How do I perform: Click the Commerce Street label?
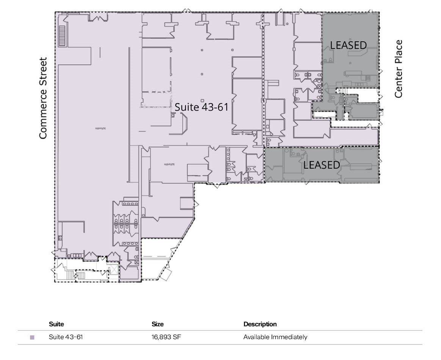coord(43,98)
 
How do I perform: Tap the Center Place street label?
coord(398,69)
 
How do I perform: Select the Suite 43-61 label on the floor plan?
coord(201,107)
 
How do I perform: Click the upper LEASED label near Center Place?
coord(348,45)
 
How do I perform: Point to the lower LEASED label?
coord(322,165)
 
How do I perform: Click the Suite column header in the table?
coord(56,324)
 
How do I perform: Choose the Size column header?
coord(158,324)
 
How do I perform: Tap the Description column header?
coord(260,324)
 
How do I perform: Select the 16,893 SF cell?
coord(166,337)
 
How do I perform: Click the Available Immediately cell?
coord(275,337)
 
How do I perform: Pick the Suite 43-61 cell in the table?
coord(66,337)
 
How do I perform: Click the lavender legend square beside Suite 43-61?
coord(32,337)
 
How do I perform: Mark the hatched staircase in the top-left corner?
coord(62,36)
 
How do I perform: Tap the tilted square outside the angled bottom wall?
coord(165,275)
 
